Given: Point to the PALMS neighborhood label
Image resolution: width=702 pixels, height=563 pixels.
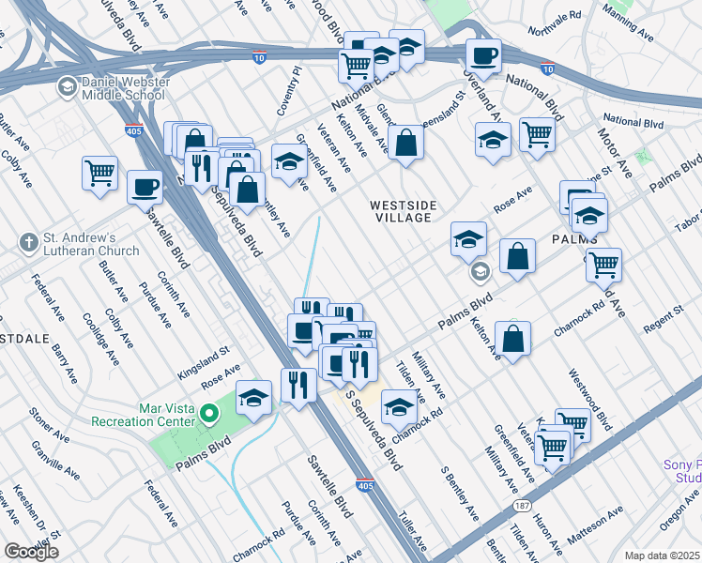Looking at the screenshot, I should (575, 239).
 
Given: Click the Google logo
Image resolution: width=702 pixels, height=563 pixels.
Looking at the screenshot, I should (31, 551).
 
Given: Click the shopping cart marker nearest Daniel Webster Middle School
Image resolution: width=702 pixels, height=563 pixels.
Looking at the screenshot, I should (99, 174).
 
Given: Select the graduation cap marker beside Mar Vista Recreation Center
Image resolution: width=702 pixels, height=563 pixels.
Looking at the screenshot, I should (253, 398).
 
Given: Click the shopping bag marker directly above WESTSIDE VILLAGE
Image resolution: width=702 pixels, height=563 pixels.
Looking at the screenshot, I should (407, 144).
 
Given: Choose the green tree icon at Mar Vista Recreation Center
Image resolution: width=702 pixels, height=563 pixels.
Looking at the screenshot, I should (211, 411).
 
